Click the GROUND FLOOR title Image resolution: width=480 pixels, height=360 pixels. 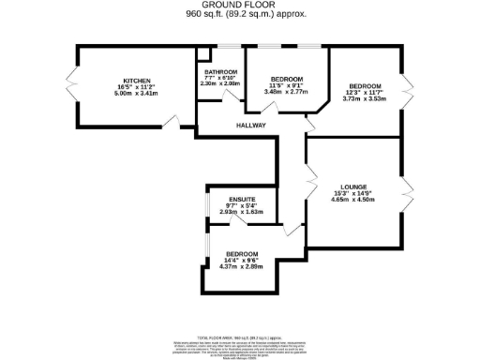point(241,5)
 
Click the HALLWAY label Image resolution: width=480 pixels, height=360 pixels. point(251,125)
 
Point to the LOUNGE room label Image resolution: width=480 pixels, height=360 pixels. point(356,186)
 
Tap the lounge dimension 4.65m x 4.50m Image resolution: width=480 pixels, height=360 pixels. point(356,199)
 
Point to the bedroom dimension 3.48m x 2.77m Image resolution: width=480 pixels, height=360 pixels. point(287,91)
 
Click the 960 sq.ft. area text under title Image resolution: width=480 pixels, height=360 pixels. point(241,14)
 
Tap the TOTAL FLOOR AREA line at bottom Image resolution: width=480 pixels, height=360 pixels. point(240,335)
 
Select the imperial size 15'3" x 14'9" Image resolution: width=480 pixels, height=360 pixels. point(356,192)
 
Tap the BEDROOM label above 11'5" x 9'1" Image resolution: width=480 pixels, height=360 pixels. point(287,78)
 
